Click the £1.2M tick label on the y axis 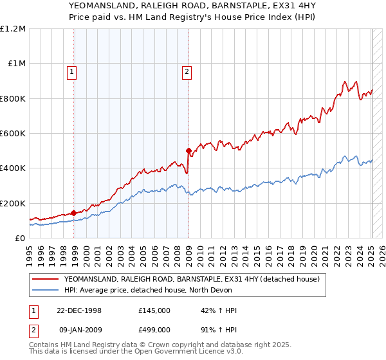13,29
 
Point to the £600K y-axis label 13,134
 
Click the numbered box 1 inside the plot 71,72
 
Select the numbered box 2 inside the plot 187,72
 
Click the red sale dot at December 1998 74,213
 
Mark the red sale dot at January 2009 188,151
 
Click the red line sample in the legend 46,279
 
